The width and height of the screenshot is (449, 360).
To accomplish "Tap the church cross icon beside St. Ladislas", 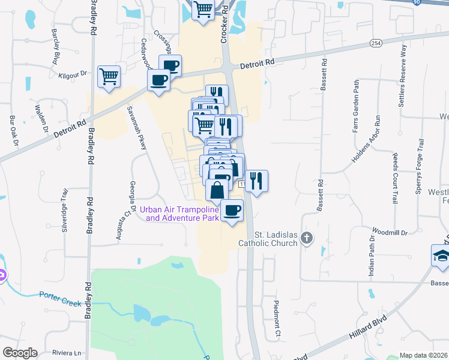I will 307,238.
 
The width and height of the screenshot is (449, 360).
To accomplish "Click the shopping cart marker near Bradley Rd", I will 109,76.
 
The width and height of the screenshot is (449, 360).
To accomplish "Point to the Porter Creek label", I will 60,298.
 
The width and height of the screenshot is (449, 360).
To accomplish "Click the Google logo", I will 20,353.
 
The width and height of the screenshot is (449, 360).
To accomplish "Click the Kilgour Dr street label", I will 73,74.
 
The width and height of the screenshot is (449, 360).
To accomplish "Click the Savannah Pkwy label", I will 136,128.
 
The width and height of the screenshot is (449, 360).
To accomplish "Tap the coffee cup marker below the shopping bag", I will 232,211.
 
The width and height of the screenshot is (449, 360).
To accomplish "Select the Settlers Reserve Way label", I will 403,75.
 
